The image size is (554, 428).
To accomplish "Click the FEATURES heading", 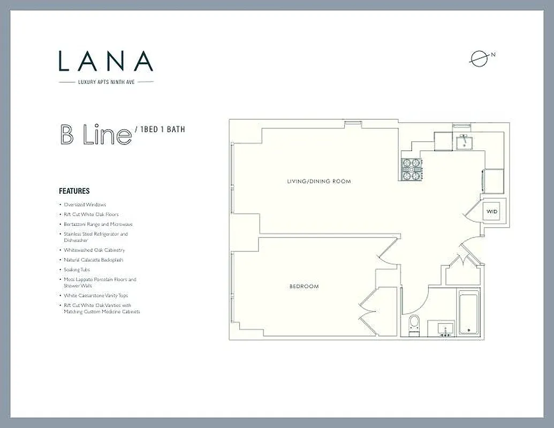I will tap(74, 191).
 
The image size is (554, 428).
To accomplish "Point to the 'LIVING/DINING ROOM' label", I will tap(319, 181).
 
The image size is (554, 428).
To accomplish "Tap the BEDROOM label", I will tap(303, 286).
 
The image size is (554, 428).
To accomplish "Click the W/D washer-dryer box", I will tap(491, 212).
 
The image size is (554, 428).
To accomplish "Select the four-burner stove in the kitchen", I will tap(411, 170).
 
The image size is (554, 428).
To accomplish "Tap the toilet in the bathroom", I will tap(414, 324).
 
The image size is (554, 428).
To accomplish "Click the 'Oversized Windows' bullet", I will tap(85, 205).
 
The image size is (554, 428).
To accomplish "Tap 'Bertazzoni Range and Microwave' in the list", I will tap(98, 224).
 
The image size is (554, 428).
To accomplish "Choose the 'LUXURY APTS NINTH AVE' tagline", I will tap(106, 82).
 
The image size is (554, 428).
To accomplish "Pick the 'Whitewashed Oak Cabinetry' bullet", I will tap(94, 250).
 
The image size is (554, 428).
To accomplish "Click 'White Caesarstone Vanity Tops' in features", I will tap(96, 295).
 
